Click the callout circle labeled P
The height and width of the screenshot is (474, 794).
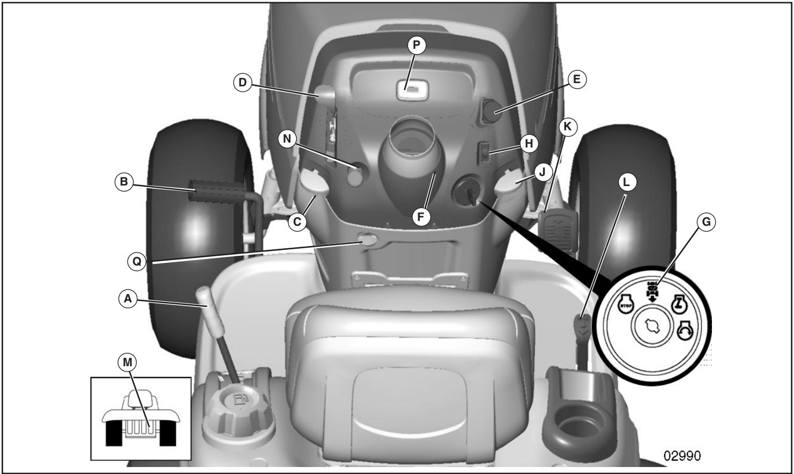[x=416, y=46]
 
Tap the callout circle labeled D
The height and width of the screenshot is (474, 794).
[x=242, y=83]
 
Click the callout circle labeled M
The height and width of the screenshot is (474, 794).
[x=127, y=363]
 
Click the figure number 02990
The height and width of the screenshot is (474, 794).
[x=681, y=455]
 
